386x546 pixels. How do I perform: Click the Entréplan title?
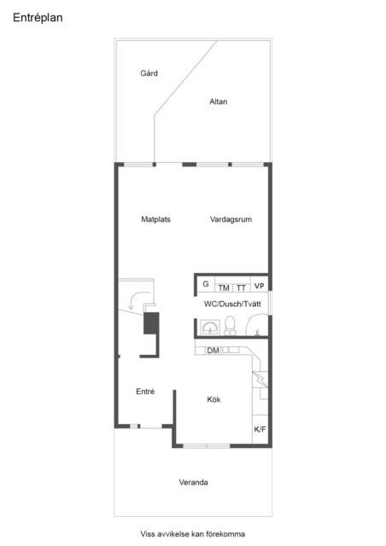click(38, 18)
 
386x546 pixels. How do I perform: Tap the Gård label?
click(149, 73)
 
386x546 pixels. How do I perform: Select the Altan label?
click(219, 102)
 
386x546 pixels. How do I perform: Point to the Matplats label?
click(156, 219)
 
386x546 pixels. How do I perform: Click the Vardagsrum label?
click(231, 219)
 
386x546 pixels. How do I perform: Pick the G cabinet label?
click(206, 284)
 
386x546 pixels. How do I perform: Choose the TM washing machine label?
click(224, 288)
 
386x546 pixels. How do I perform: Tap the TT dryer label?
click(242, 288)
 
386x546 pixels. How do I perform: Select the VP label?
click(259, 287)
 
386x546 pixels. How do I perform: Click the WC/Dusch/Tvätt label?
click(232, 304)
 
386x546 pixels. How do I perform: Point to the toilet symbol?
click(230, 326)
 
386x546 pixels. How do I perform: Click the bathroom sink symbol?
click(210, 328)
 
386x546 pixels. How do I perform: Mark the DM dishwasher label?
click(213, 351)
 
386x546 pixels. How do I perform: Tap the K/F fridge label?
click(260, 429)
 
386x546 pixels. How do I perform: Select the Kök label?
click(213, 399)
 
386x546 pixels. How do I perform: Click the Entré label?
click(145, 392)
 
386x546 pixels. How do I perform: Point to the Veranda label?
click(194, 482)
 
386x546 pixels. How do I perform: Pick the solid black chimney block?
click(151, 323)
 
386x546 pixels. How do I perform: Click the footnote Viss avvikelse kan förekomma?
click(193, 534)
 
